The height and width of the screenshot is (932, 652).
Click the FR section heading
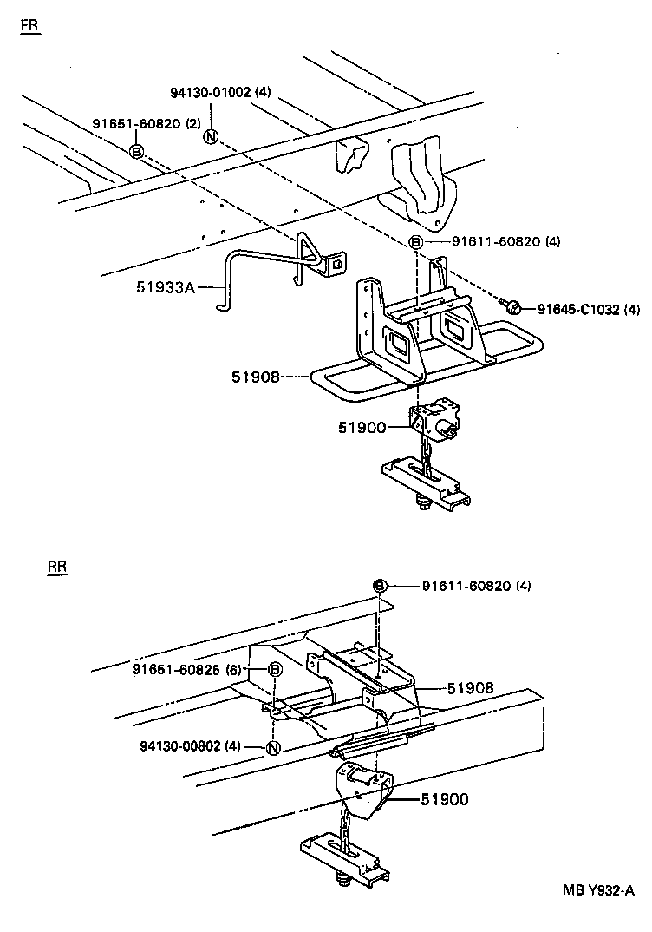click(x=29, y=25)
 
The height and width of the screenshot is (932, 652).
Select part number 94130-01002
click(x=209, y=93)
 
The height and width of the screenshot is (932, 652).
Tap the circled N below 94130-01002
click(x=211, y=136)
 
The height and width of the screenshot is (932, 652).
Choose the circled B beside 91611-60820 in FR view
click(x=416, y=242)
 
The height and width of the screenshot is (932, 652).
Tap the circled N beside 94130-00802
click(x=272, y=749)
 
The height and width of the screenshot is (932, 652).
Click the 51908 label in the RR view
click(x=471, y=687)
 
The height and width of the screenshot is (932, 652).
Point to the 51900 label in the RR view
click(x=446, y=799)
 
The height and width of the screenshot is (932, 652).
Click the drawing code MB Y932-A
click(x=598, y=889)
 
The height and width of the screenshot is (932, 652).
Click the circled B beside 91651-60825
click(x=274, y=669)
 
